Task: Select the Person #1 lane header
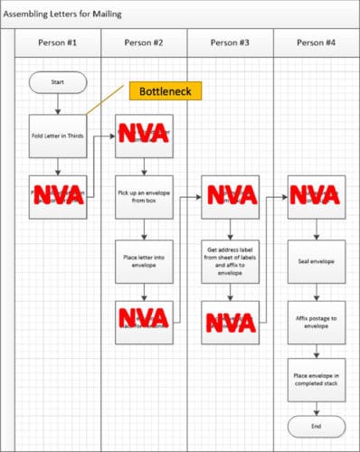(58, 42)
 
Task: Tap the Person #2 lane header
(143, 42)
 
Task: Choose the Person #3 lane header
(229, 42)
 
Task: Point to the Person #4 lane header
(316, 42)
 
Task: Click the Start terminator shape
(58, 82)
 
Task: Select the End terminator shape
(316, 426)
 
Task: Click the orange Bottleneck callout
(165, 91)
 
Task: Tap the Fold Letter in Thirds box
(58, 137)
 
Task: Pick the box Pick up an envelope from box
(143, 196)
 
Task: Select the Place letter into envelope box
(143, 261)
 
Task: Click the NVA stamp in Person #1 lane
(58, 195)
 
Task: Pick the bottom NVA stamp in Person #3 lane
(229, 322)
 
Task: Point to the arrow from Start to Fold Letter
(58, 104)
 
